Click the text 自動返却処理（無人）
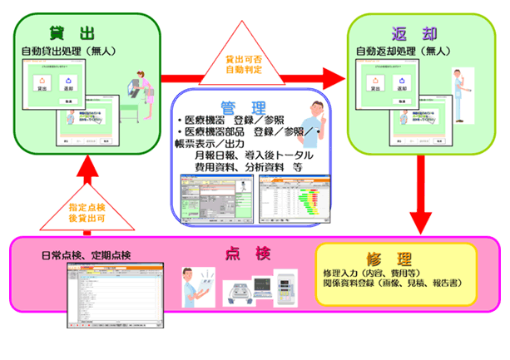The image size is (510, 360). [407, 52]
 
